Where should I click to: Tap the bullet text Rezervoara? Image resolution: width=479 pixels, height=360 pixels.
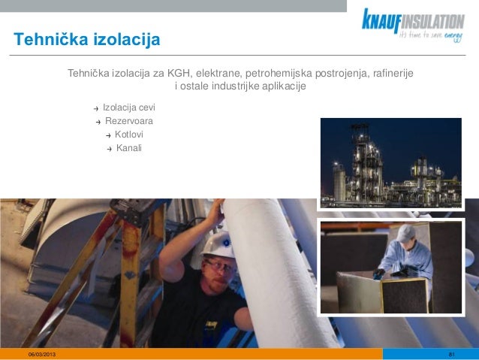coord(129,121)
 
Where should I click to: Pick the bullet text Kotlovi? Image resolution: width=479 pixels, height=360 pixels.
coord(129,135)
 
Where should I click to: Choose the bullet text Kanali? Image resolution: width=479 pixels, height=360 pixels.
coord(128,147)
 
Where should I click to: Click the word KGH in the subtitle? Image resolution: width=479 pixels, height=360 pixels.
coord(180,74)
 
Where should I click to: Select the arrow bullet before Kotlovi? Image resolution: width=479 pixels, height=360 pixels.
coord(108,135)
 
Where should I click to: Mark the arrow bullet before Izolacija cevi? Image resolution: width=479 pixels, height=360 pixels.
coord(95,109)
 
